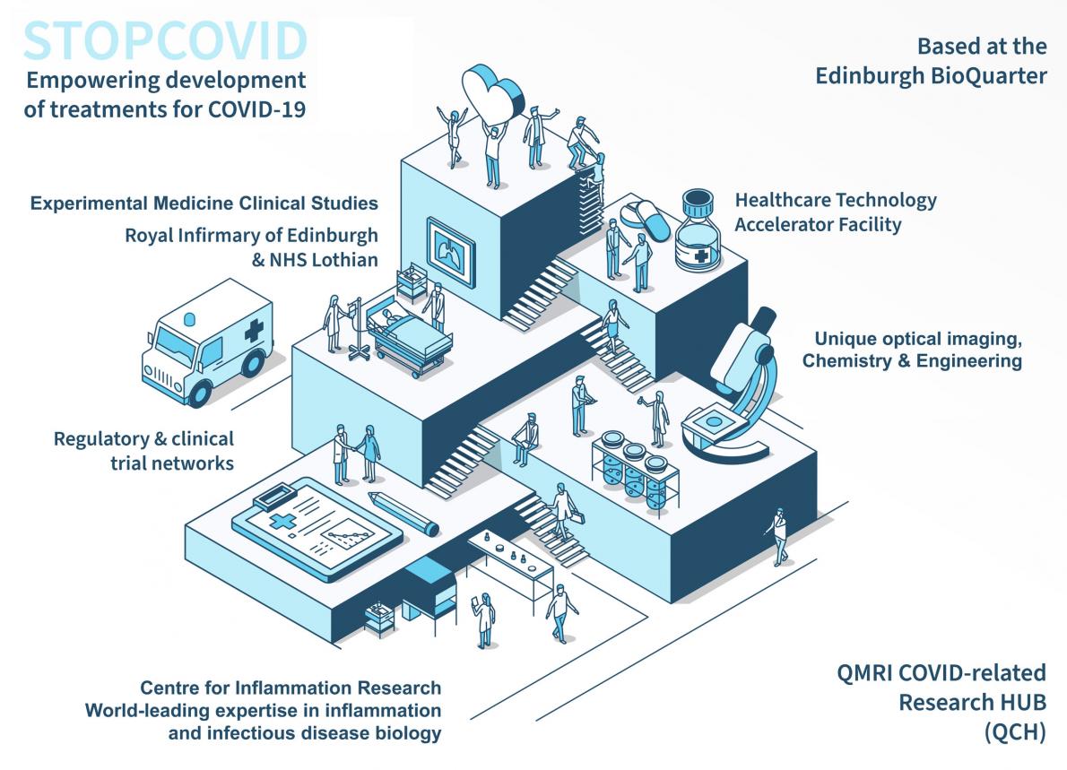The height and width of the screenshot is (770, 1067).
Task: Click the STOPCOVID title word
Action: pos(165,41)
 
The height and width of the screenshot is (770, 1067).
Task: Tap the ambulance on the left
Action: pos(207,342)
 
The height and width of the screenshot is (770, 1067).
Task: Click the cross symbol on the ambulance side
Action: pos(254,331)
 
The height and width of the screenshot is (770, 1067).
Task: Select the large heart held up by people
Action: pos(493,94)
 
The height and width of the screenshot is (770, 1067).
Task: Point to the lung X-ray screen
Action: pos(450,252)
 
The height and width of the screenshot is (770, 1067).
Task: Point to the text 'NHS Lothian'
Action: pos(323,260)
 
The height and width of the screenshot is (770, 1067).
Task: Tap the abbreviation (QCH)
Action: pos(1015,732)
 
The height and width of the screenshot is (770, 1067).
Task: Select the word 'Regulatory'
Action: pos(101,439)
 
